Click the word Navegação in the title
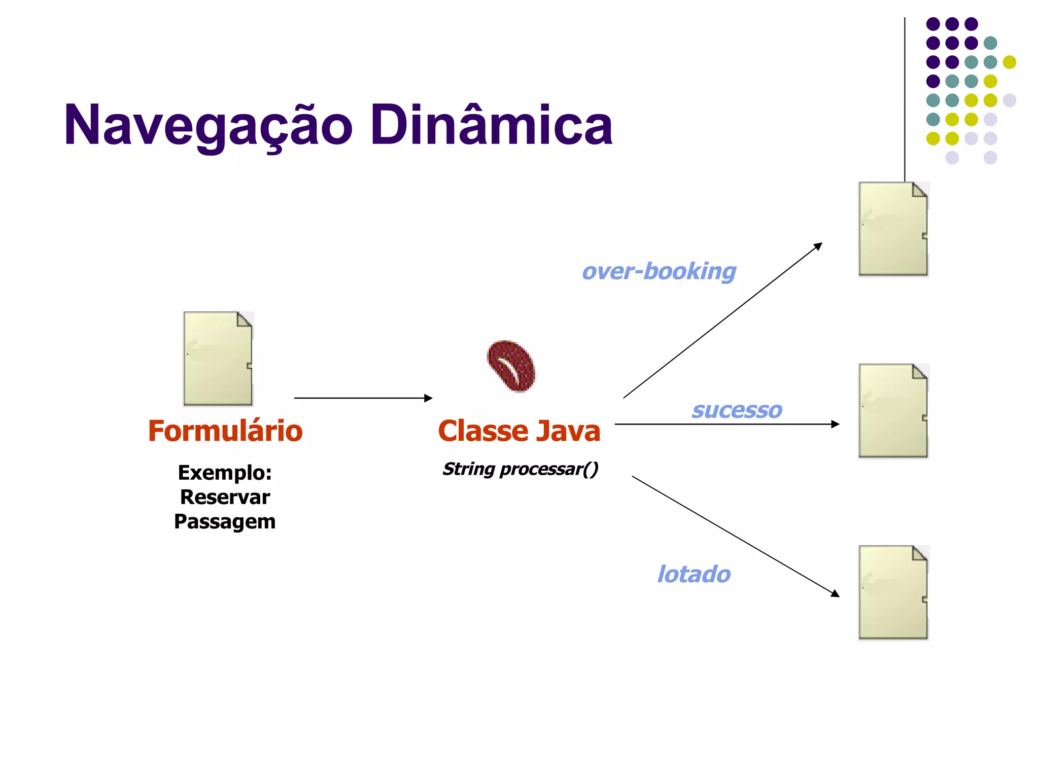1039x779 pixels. pos(208,125)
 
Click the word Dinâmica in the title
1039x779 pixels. pos(491,125)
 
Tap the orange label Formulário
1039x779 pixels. pos(225,431)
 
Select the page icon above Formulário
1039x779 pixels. pos(218,359)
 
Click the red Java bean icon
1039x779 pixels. pos(511,365)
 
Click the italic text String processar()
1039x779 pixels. pos(520,469)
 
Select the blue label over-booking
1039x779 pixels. pos(659,271)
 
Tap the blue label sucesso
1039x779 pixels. pos(737,410)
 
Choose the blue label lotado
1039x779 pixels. pos(694,574)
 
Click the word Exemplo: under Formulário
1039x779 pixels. pos(225,473)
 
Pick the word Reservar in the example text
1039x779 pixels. pos(225,497)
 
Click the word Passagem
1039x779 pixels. pos(225,521)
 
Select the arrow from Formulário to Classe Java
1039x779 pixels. pos(363,398)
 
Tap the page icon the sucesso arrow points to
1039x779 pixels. pos(893,411)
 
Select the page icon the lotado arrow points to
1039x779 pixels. pos(893,592)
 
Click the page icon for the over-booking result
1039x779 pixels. pos(893,229)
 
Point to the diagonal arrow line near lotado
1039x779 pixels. pos(736,536)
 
